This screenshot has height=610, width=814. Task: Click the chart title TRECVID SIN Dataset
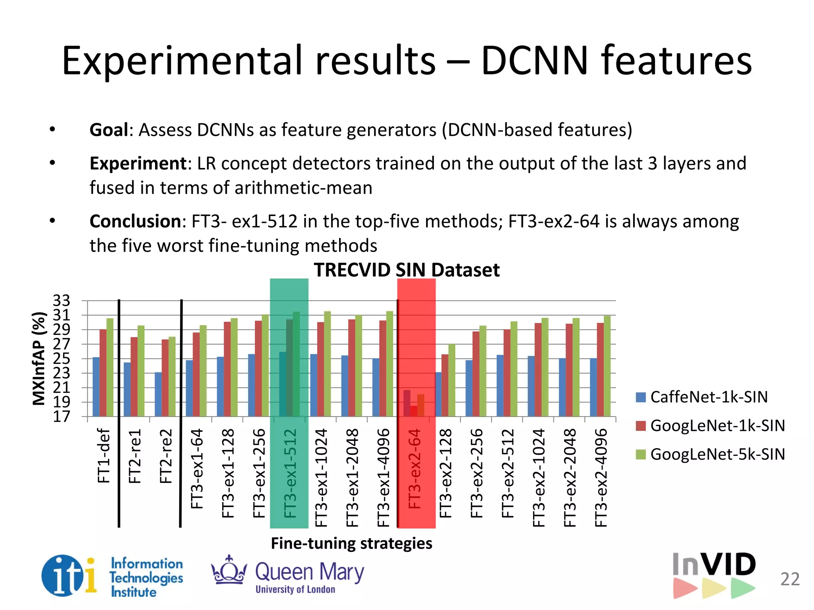[x=406, y=270]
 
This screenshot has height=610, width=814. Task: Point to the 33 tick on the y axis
[x=62, y=301]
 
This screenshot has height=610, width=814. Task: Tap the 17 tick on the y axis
[x=62, y=417]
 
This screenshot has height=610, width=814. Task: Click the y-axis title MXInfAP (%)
[x=39, y=359]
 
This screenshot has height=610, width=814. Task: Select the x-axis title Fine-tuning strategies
[x=351, y=543]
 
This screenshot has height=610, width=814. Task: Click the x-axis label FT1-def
[x=103, y=456]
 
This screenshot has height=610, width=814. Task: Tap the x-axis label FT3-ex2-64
[x=415, y=469]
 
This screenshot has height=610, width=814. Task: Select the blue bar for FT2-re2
[x=158, y=394]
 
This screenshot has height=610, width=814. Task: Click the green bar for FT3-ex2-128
[x=452, y=380]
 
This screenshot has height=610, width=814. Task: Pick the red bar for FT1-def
[x=103, y=373]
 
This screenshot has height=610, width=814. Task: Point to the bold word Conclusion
[x=135, y=221]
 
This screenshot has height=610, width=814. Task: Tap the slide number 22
[x=790, y=579]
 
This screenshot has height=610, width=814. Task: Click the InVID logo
[x=714, y=574]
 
